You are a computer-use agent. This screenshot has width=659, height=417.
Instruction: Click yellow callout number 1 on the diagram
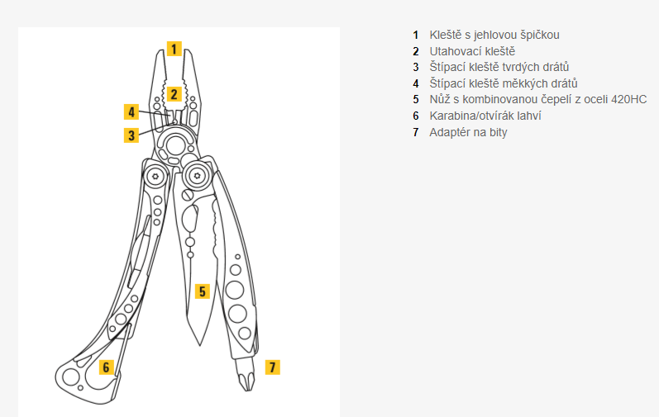(x=174, y=48)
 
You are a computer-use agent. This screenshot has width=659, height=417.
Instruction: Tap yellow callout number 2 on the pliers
(x=174, y=93)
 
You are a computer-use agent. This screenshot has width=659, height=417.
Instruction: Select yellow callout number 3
(x=131, y=135)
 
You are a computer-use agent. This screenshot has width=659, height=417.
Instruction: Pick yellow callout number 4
(x=131, y=111)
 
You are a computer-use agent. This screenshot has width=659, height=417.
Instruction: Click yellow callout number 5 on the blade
(x=203, y=291)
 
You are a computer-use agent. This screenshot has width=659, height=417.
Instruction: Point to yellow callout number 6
(x=106, y=367)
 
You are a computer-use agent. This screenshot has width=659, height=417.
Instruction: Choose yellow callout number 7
(x=273, y=367)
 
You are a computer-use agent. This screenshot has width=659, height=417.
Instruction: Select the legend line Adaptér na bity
(x=468, y=132)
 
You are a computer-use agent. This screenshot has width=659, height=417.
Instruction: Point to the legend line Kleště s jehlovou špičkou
(x=494, y=35)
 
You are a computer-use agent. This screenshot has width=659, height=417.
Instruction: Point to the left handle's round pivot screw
(x=155, y=176)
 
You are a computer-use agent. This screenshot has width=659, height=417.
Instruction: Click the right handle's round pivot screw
(x=197, y=174)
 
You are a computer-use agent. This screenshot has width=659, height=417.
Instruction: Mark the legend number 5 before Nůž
(x=417, y=100)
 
